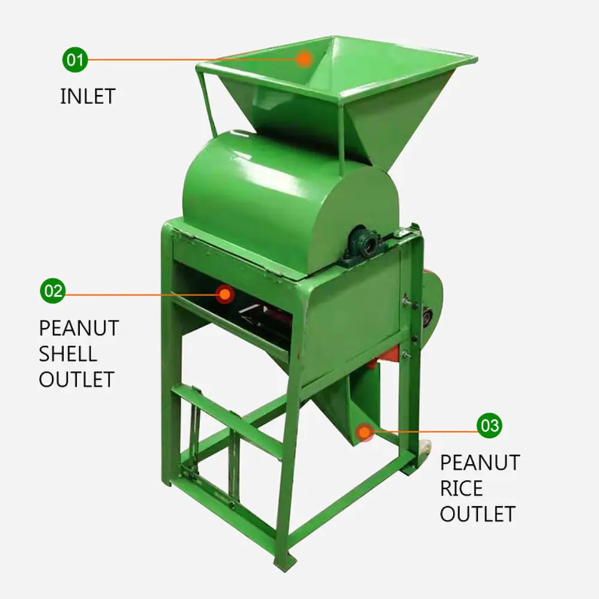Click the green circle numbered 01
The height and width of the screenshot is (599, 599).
pos(74,60)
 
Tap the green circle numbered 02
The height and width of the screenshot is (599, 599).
pos(53,292)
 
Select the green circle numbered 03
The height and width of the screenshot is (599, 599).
pos(489,425)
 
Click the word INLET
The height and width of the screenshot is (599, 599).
pos(87,96)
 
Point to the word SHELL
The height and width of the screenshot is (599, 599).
pos(68,353)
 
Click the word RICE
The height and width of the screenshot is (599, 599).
pos(461,488)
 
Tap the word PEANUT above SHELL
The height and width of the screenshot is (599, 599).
pos(79,328)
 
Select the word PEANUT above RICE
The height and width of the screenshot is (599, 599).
pos(480,462)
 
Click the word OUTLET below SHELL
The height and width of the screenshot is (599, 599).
pos(77,379)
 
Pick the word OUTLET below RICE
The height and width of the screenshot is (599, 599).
pos(477,514)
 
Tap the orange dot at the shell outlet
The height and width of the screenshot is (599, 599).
pos(225,294)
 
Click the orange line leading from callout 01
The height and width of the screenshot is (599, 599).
pos(192,60)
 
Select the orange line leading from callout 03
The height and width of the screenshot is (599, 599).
pos(425,431)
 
